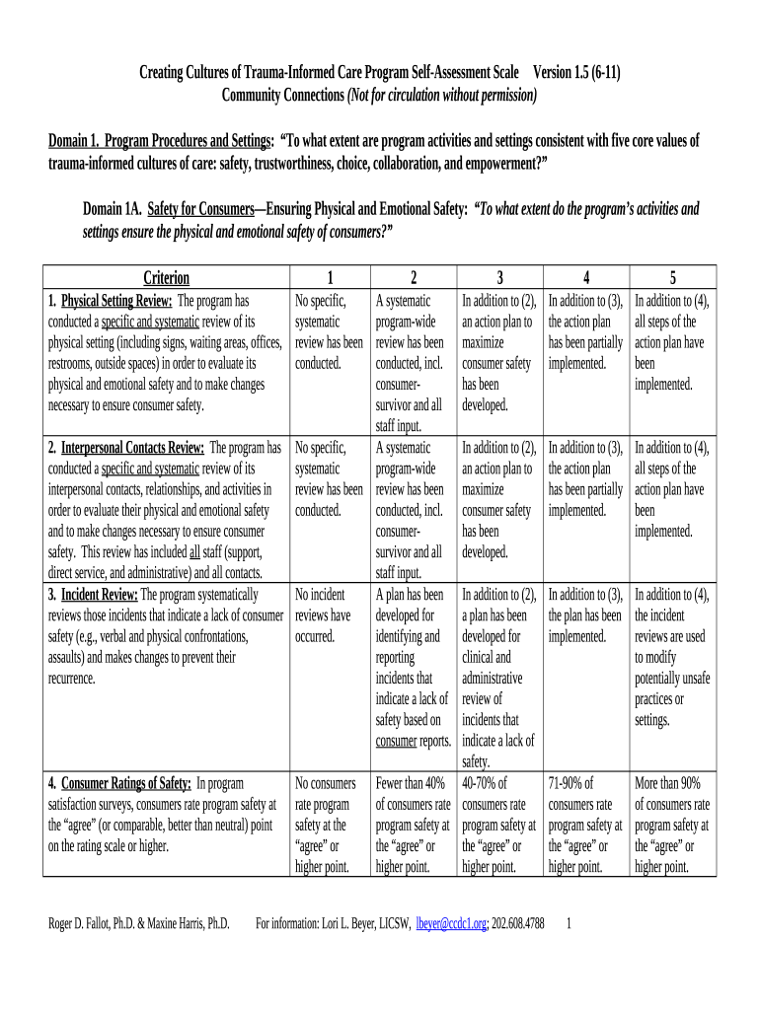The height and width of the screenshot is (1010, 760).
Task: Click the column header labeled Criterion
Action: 166,278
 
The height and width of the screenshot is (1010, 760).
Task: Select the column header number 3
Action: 500,278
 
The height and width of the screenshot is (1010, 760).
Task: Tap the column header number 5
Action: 672,278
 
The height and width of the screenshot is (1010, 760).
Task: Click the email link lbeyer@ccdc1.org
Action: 451,923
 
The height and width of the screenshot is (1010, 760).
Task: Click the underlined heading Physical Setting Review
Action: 117,300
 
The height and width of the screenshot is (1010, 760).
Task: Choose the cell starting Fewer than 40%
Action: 413,825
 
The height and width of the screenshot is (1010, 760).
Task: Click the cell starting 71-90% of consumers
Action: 585,825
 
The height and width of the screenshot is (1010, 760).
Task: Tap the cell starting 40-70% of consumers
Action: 499,825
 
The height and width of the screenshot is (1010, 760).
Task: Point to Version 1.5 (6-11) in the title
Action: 577,73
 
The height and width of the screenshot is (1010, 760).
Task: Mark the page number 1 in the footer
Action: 570,923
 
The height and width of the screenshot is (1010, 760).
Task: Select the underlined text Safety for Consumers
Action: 200,209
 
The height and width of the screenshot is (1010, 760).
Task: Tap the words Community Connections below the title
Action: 281,95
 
